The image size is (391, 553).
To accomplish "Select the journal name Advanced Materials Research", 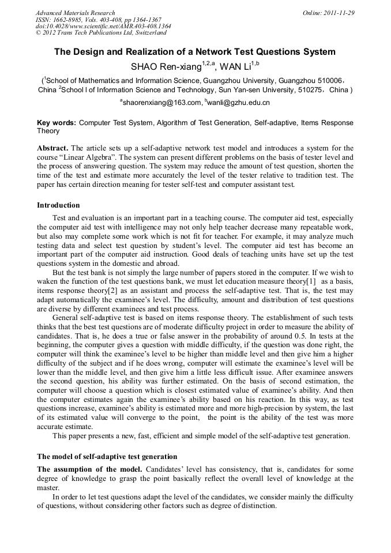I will pos(75,13).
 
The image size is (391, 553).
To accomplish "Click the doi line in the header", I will pos(103,27).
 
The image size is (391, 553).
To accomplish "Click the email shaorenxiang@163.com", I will pos(161,103).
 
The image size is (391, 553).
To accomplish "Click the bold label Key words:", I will pos(56,123).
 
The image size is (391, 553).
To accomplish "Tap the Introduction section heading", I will pos(58,205).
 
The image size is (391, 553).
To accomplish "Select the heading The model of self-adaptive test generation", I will pos(107,457).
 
